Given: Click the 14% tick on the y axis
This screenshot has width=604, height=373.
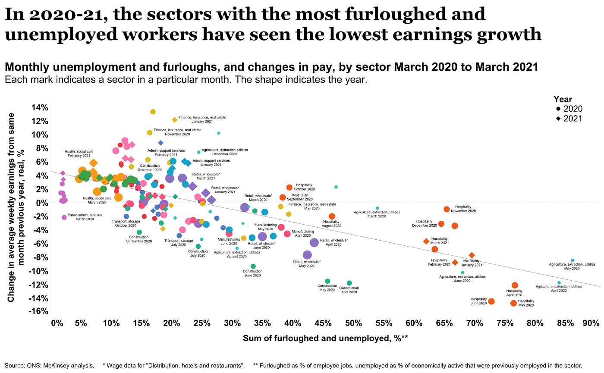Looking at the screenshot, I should (40, 107).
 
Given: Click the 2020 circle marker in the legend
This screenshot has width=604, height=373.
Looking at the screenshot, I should (558, 109).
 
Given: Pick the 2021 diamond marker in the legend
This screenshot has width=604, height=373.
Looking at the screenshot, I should (558, 119).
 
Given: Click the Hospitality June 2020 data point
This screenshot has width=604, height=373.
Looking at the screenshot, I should (491, 301).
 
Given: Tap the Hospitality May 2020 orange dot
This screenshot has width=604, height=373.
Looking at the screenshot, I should (513, 303).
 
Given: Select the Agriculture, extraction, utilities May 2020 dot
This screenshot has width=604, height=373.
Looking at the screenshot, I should (573, 260).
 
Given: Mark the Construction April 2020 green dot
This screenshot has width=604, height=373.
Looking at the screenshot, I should (349, 283).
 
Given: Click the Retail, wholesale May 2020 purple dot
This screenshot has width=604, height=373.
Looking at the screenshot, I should (307, 255).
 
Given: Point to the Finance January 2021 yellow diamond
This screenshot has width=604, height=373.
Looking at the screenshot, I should (175, 120).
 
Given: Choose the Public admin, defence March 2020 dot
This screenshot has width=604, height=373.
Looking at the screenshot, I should (64, 217).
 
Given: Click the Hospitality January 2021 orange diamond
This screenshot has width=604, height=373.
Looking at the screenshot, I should (472, 255).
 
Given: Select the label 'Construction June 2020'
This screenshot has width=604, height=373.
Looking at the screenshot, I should (253, 273).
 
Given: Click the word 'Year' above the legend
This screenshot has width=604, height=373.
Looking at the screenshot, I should (563, 99).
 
